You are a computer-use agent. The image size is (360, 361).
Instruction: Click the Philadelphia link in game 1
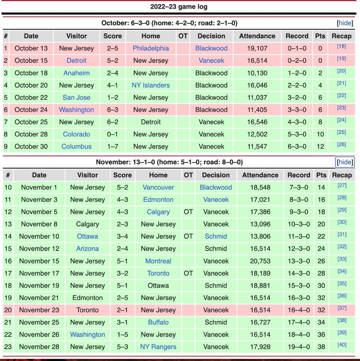pos(151,48)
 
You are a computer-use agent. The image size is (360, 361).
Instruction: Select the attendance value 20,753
pos(260,261)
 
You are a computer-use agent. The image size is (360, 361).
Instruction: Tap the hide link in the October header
pos(345,23)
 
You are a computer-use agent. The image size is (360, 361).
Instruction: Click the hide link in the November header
pos(345,162)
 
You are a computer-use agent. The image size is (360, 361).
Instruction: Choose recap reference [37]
pos(342,308)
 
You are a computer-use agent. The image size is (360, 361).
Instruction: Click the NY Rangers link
pos(158,347)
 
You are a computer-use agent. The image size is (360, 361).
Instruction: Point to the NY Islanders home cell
pos(151,85)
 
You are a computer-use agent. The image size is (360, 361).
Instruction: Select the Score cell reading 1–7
pos(112,147)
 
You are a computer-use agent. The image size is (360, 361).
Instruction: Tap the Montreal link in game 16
pos(158,261)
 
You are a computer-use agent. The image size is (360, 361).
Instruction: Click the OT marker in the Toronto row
pos(188,273)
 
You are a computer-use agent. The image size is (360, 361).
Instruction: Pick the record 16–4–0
pos(299,310)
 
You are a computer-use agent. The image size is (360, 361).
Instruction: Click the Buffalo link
pos(158,322)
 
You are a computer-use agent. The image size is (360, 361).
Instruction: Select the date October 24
pos(31,110)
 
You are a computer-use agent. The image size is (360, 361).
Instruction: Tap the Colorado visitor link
pos(77,134)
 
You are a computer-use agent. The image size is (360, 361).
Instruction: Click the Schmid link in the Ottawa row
pos(216,236)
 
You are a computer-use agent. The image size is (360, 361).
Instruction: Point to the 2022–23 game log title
pos(179,6)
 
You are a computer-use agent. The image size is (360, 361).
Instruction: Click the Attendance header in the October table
pos(257,36)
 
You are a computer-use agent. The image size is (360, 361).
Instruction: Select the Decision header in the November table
pos(216,175)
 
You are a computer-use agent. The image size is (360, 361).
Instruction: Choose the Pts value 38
pos(321,347)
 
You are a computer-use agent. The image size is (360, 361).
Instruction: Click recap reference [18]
pos(341,46)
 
